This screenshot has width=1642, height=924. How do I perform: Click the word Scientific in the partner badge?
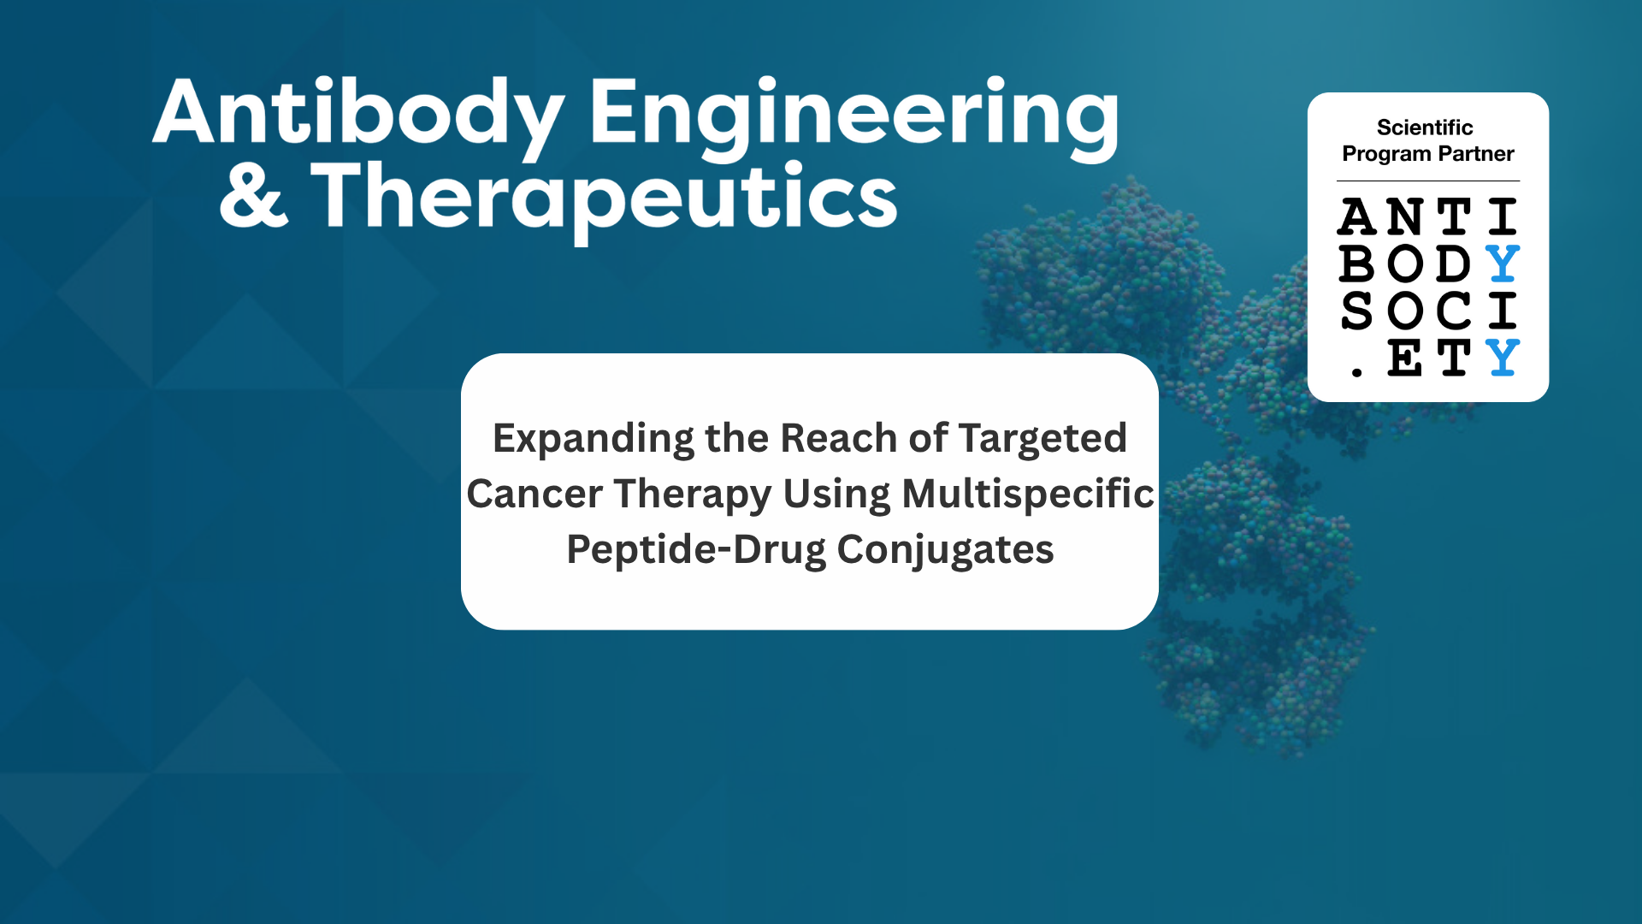1425,127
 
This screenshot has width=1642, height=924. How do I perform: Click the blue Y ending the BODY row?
1503,264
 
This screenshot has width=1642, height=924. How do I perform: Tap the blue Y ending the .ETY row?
1503,358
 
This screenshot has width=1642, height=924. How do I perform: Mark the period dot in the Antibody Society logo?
1356,371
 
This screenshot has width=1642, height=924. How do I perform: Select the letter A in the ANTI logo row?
1357,216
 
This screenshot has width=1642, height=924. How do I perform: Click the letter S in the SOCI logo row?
1356,311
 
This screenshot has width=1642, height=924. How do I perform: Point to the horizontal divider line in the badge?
1428,181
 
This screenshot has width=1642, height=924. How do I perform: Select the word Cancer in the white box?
535,494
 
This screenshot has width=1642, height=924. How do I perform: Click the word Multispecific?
1028,495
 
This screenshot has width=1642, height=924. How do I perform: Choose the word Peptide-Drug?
696,550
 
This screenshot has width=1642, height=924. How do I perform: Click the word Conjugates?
945,550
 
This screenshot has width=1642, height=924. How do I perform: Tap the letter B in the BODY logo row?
1356,264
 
